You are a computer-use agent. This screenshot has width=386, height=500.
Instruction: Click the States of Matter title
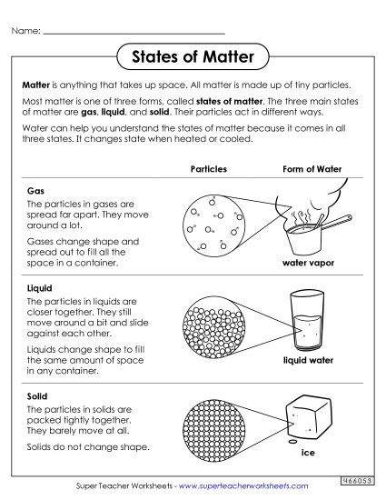tap(193, 58)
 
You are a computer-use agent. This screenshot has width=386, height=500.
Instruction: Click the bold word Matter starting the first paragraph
tap(37, 83)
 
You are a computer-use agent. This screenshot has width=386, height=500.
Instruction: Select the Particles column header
tap(208, 170)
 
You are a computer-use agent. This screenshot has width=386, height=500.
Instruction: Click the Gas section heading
tap(36, 192)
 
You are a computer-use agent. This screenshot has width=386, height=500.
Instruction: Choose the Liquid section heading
tap(40, 289)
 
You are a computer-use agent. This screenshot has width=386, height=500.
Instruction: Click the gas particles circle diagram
tap(215, 225)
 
